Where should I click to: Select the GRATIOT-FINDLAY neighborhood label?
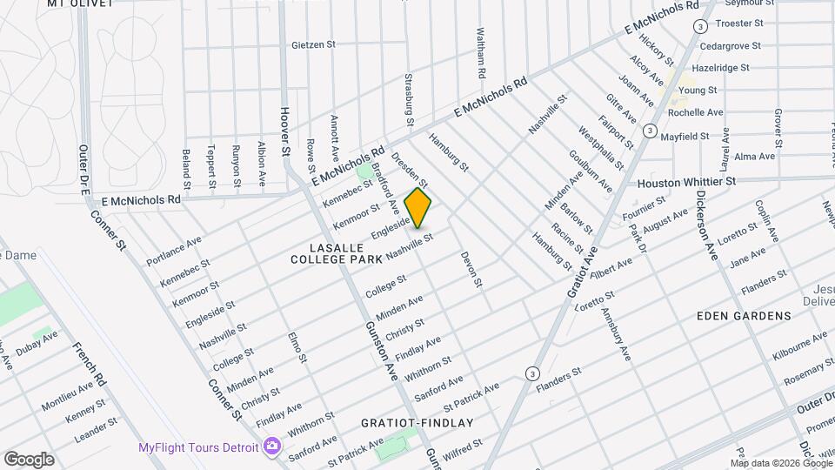coord(417,423)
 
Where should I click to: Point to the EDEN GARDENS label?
coord(744,316)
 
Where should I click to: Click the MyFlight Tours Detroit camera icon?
coord(272,446)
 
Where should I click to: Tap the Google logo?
coord(29,459)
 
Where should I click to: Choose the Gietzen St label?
coord(314,44)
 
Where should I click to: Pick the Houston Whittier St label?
coord(687,182)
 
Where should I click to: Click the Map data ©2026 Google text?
coord(774,462)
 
